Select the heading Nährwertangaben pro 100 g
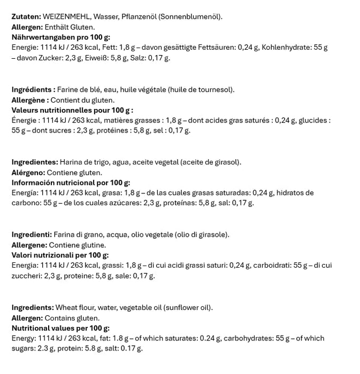pos(61,37)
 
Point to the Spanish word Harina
pos(71,162)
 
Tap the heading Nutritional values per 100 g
pos(60,328)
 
